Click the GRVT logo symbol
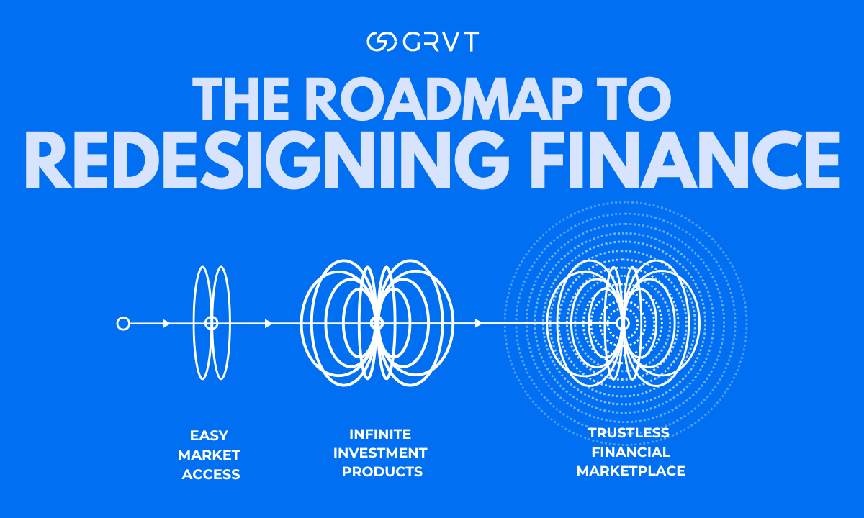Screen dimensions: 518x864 [x=381, y=42]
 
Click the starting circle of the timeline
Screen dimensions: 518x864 [x=123, y=324]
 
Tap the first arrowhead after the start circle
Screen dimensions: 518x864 [x=166, y=324]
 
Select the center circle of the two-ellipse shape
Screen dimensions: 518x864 [x=211, y=324]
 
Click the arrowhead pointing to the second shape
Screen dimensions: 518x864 [x=269, y=324]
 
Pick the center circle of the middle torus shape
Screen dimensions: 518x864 [x=377, y=324]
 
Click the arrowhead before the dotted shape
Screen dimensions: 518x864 [x=479, y=324]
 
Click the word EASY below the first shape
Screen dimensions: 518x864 [x=209, y=436]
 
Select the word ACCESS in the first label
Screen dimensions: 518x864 [x=210, y=474]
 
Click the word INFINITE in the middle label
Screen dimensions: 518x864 [x=380, y=435]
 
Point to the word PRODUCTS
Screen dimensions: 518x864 [x=382, y=472]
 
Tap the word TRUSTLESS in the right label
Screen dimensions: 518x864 [x=629, y=433]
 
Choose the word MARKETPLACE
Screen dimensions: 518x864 [x=631, y=471]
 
